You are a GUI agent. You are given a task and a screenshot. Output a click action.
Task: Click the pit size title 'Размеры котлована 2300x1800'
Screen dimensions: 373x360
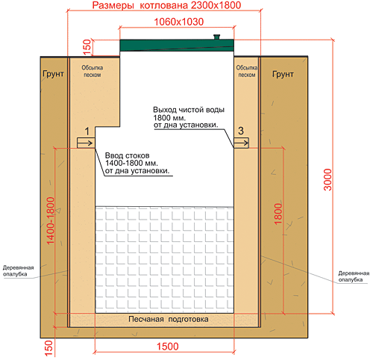point(166,5)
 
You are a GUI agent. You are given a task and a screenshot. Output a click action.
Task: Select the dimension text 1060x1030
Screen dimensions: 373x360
point(179,22)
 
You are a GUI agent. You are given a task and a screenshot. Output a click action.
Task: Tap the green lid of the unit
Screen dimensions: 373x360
point(177,46)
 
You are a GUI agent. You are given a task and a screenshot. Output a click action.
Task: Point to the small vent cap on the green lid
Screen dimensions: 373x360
point(216,37)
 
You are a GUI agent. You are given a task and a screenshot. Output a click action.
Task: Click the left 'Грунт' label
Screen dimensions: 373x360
point(53,74)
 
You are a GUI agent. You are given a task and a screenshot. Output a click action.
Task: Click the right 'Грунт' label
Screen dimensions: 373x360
point(283,74)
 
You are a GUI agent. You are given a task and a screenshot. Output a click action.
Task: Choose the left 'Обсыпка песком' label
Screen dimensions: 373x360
point(93,71)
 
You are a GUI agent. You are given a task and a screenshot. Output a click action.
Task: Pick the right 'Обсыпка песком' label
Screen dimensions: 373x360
point(247,71)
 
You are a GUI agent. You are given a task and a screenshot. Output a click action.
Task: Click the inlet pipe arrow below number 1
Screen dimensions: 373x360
point(86,143)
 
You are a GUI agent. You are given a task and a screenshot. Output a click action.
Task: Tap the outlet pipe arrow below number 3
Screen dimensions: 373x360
point(241,143)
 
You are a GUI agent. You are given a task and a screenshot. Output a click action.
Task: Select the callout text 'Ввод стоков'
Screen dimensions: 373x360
point(128,155)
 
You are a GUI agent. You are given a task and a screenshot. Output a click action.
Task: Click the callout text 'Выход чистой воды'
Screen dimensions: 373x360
point(189,110)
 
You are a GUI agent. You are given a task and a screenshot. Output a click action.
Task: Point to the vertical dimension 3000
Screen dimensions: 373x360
point(327,180)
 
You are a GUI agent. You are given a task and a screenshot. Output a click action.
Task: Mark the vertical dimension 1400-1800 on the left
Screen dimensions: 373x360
point(51,220)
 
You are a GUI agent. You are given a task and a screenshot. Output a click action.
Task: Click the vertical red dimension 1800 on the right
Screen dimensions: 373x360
point(278,214)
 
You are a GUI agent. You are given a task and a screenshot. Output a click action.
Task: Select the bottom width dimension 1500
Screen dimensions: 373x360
point(168,347)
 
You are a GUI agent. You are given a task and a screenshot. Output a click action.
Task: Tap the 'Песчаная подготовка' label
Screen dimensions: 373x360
point(169,319)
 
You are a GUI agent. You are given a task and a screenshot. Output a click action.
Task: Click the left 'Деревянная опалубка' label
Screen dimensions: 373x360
point(19,271)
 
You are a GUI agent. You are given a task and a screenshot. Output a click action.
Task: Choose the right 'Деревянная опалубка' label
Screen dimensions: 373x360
point(354,276)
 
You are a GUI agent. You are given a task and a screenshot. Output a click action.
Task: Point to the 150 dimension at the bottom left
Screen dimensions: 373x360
point(48,348)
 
